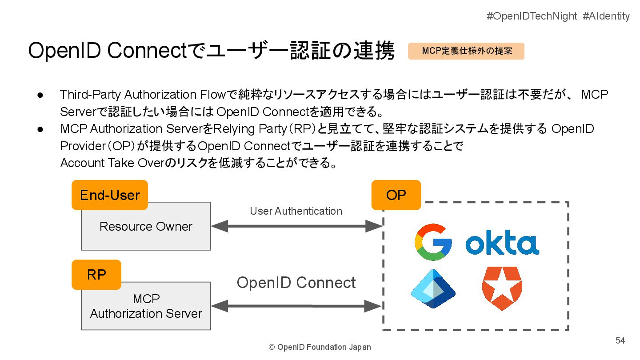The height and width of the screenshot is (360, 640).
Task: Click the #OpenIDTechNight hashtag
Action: (x=532, y=16)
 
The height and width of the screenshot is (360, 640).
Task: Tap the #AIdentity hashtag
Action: (x=606, y=16)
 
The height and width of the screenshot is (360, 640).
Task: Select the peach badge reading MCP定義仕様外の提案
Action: (x=466, y=51)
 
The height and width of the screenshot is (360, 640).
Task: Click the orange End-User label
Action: (x=110, y=195)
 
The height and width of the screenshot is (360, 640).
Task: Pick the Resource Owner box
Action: (x=146, y=226)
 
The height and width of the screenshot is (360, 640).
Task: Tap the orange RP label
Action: (x=96, y=275)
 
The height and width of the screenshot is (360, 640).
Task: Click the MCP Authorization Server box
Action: (x=146, y=306)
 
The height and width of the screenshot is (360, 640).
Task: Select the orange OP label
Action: (x=396, y=195)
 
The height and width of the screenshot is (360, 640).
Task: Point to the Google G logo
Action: (x=433, y=242)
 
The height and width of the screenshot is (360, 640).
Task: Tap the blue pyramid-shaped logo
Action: (x=433, y=289)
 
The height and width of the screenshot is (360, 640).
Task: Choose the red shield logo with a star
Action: (x=502, y=288)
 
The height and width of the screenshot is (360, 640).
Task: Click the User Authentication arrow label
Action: (x=296, y=211)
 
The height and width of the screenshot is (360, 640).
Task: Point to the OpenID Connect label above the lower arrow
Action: (x=296, y=283)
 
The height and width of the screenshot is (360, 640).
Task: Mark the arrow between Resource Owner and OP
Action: (x=296, y=226)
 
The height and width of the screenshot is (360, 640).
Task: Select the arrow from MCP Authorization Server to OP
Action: (x=296, y=306)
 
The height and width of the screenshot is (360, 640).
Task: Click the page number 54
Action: (x=620, y=340)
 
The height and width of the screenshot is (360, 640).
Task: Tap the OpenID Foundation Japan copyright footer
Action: (x=320, y=347)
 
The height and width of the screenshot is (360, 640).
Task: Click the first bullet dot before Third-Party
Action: (x=40, y=96)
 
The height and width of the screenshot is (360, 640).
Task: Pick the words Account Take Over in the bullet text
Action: (x=112, y=163)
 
